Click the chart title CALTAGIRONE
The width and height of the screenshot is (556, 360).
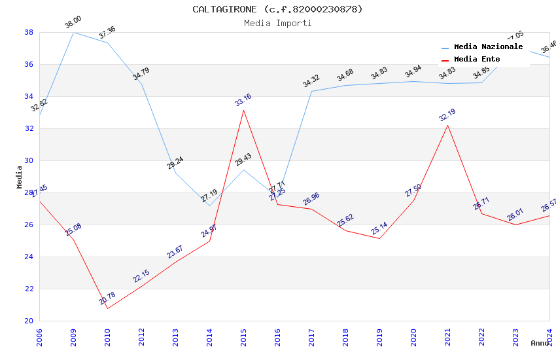(277, 9)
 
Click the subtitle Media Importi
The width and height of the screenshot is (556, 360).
(277, 23)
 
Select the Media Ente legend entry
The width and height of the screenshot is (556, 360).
(477, 59)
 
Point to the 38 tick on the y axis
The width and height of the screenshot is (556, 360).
(29, 32)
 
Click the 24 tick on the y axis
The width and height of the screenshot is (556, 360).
(29, 257)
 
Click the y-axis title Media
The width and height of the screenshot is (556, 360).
(20, 177)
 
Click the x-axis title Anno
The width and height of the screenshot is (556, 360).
(540, 343)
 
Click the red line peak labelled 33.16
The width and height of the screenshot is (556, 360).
(243, 110)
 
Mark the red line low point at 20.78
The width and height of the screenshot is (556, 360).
(107, 308)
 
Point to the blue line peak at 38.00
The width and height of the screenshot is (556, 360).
(73, 32)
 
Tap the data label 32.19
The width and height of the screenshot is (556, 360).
(447, 116)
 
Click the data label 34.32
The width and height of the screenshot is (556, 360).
(311, 81)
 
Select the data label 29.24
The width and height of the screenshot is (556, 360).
(175, 163)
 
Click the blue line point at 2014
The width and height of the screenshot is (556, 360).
(209, 206)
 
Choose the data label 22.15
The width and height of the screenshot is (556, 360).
(141, 276)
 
